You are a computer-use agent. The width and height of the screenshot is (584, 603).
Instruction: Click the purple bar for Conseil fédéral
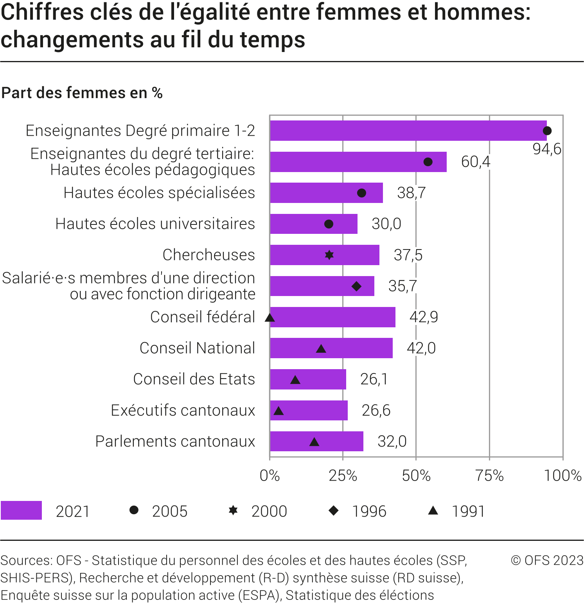coord(332,317)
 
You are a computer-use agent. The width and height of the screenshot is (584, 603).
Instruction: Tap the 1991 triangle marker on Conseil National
coord(321,348)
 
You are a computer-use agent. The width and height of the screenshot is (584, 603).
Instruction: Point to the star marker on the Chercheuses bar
coord(329,255)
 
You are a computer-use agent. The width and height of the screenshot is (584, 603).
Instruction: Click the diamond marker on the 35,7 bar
coord(356,286)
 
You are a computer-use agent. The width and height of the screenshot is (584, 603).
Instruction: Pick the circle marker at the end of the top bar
coord(547,131)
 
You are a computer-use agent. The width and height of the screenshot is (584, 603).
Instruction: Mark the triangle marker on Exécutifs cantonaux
coord(279,411)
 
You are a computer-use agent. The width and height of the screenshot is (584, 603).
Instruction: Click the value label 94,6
coord(547,149)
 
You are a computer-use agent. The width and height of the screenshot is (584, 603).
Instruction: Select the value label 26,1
coord(374,379)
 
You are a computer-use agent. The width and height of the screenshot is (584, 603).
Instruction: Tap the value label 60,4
coord(475,162)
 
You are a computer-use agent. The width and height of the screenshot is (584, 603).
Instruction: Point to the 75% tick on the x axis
coord(489,476)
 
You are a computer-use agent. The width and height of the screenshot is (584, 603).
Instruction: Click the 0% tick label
coord(270,476)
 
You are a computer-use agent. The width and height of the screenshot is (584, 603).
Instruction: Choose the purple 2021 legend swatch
coord(22,510)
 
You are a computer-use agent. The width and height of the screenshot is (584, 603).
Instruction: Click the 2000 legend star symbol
coord(233,510)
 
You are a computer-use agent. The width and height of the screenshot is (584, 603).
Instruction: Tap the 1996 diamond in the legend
coord(334,510)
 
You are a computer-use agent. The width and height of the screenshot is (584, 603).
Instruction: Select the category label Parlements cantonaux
coord(175,441)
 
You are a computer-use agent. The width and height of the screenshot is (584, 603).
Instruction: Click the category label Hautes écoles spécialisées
coord(159,193)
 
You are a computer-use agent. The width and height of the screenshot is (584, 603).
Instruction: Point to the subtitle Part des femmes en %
coord(82,93)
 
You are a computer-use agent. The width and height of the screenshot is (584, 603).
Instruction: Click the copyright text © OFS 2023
coord(547,560)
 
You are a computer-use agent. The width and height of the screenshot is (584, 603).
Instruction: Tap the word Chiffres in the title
coord(43,12)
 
